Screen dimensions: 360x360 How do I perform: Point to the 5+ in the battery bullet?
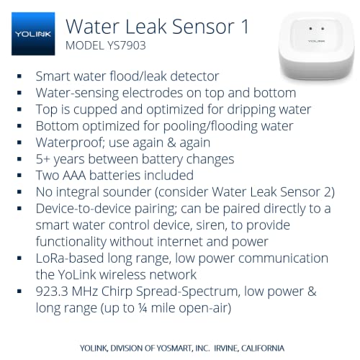point(44,159)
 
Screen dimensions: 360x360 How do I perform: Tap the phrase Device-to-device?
point(83,209)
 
